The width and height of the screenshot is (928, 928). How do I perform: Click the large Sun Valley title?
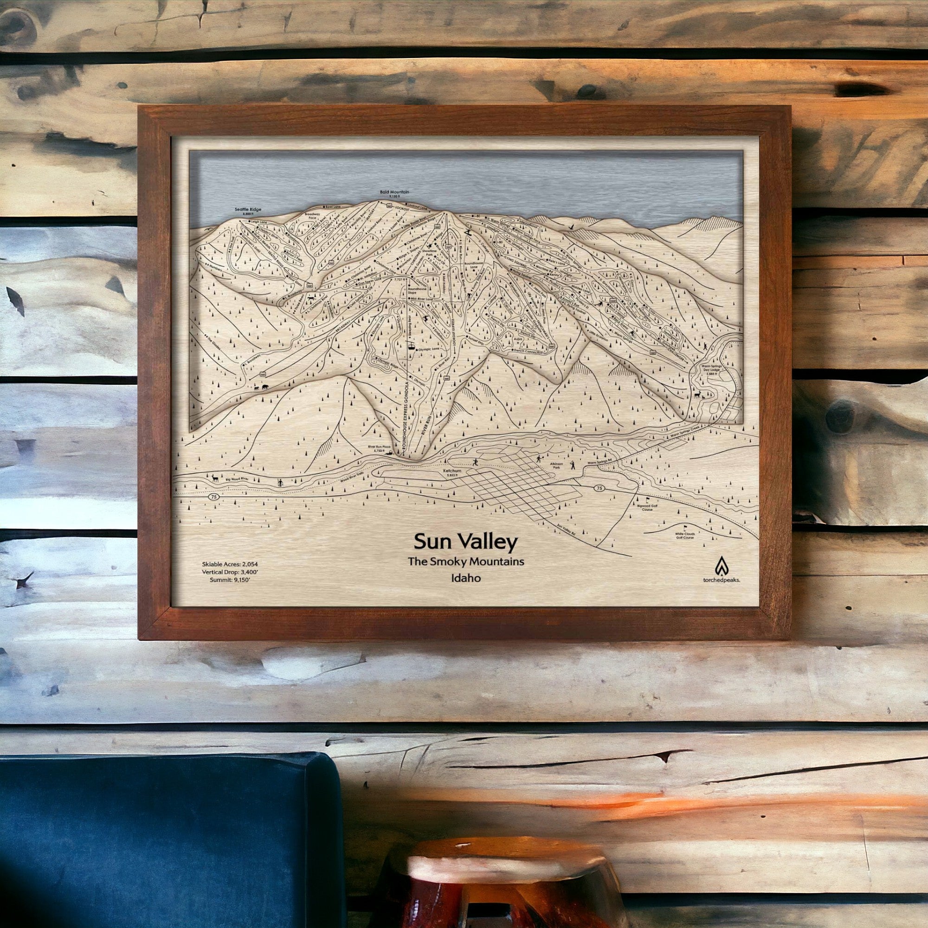[465, 542]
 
